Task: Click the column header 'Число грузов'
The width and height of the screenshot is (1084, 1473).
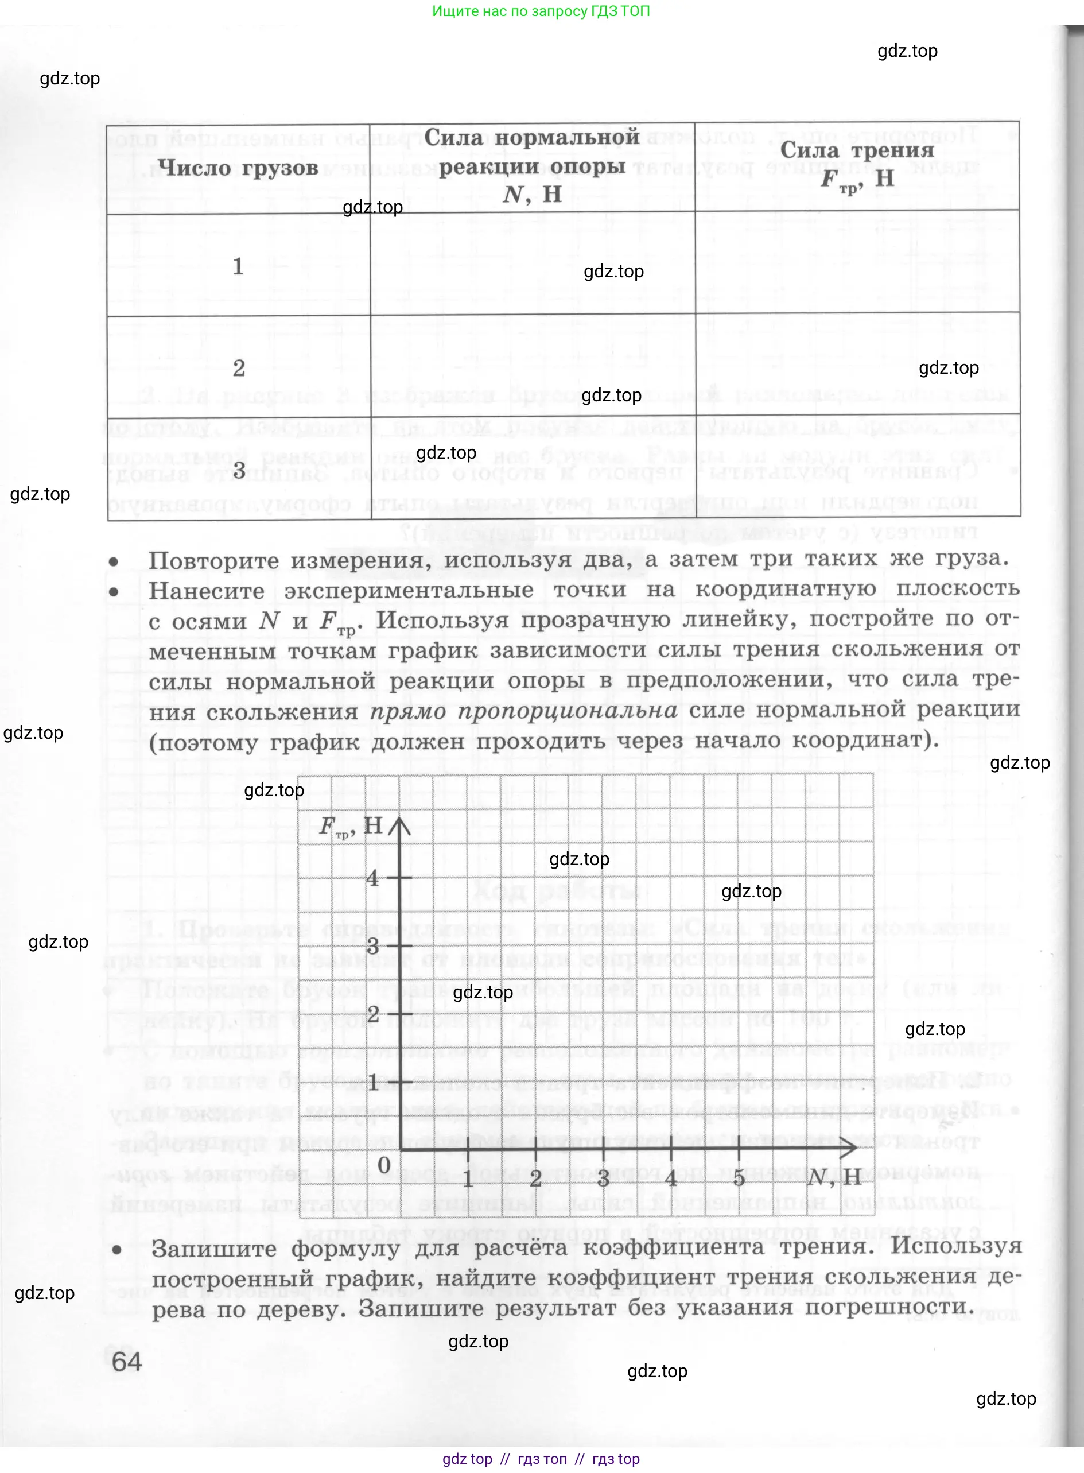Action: [x=238, y=168]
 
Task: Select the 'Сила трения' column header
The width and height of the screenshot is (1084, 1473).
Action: [x=857, y=151]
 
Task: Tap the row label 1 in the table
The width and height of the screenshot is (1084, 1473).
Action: [x=238, y=266]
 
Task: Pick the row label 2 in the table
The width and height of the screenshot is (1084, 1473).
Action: [x=239, y=367]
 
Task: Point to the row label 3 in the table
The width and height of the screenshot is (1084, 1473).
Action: [x=239, y=470]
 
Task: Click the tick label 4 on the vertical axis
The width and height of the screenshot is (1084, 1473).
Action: [x=372, y=877]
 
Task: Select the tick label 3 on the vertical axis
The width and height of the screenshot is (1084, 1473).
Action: [x=372, y=946]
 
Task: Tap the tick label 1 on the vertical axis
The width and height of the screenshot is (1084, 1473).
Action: [x=372, y=1082]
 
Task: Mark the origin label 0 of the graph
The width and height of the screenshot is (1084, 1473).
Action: [x=384, y=1165]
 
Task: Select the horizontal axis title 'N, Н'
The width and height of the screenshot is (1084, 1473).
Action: [x=834, y=1177]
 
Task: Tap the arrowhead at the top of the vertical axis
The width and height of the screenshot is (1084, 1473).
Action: [x=399, y=824]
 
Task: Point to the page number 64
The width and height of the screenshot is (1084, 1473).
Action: [x=127, y=1362]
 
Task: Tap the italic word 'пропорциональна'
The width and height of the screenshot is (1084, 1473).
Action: [x=568, y=711]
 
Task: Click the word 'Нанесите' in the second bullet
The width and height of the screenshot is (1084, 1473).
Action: [x=207, y=591]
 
